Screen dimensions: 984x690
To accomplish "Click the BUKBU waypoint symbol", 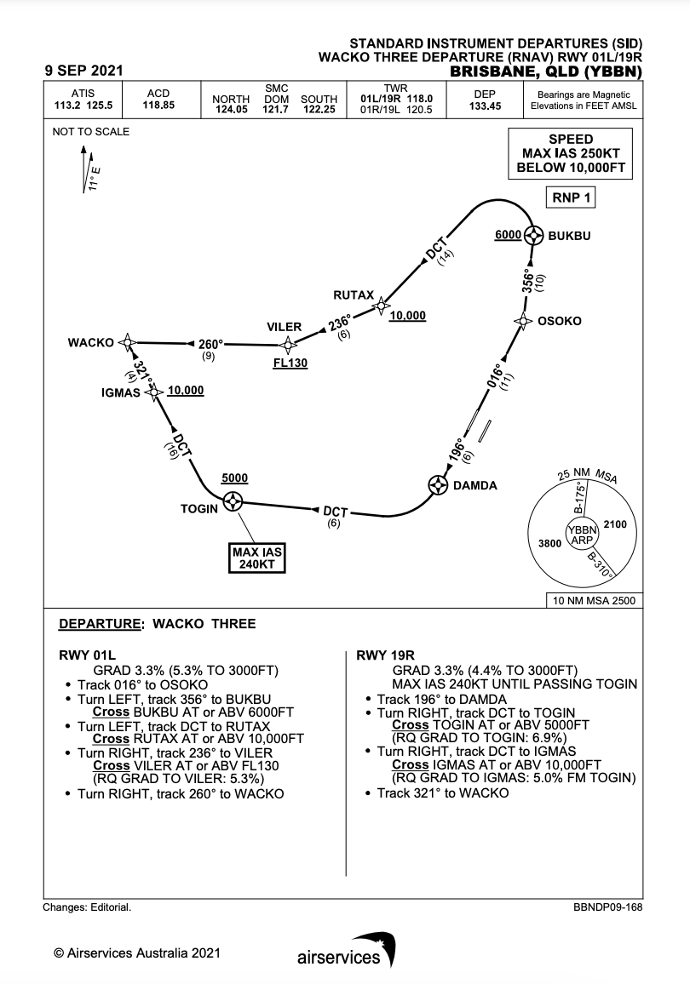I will (534, 235).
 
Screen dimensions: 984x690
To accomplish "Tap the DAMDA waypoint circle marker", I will (438, 485).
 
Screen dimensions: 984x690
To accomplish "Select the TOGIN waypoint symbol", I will (233, 503).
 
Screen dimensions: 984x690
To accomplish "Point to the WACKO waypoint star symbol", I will (128, 342).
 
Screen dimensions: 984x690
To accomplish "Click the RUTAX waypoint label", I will (354, 295).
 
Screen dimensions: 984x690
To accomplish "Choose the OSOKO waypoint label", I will (560, 321).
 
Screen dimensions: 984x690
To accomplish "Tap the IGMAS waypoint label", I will (120, 393).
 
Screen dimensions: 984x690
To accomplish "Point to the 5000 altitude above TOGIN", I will (234, 478).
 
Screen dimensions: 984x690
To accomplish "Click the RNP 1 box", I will (569, 198).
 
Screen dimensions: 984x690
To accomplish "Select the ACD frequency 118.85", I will (159, 106).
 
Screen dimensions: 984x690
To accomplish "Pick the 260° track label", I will (210, 345).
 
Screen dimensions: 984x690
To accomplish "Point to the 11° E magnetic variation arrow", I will (84, 170).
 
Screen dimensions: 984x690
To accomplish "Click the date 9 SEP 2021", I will (83, 71).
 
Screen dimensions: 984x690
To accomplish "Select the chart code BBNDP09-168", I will (608, 907).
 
